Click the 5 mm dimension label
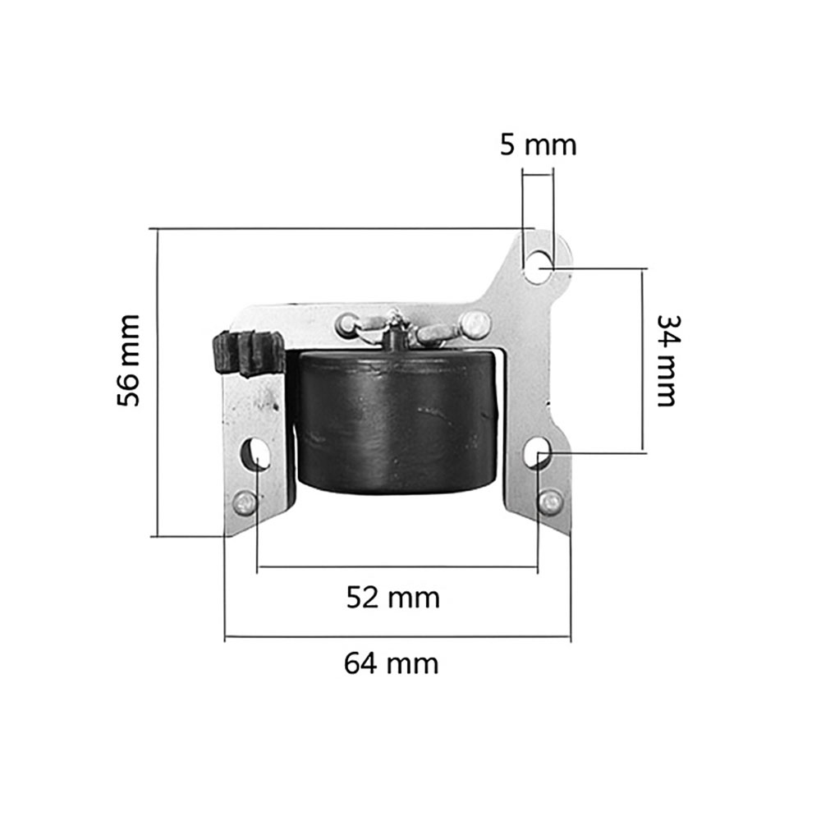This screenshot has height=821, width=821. pos(539,145)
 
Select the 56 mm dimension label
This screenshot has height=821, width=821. pos(129,360)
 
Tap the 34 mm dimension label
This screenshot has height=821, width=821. pos(667,360)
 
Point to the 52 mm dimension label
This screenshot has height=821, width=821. pos(393,598)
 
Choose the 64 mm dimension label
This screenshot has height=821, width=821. pos(392,663)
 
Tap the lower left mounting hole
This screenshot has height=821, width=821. pos(255,453)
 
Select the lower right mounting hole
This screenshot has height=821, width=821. pos(538,452)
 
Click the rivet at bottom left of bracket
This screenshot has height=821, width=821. pos(245,504)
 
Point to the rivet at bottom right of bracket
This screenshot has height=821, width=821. pos(551,502)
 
